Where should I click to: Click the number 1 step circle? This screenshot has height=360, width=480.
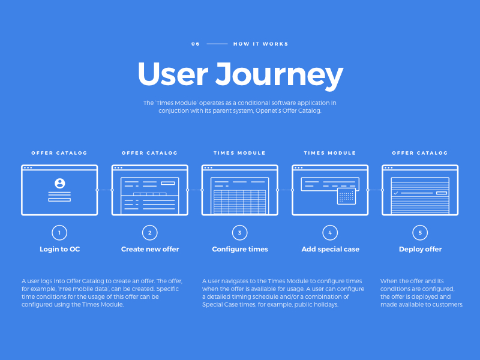59,232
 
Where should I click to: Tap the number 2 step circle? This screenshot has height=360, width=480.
149,232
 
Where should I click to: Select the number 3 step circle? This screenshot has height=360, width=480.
239,232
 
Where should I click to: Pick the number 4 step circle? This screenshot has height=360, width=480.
329,232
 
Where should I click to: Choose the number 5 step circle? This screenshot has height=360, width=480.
420,232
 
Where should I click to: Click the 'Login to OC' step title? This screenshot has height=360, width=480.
59,249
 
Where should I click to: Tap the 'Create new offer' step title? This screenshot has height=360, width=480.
150,249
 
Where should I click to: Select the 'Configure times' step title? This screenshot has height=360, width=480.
240,249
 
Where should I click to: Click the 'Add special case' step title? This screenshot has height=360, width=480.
330,249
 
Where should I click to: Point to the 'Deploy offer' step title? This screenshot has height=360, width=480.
420,249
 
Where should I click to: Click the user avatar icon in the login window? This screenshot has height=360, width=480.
59,183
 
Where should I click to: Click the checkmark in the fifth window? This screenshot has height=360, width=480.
396,193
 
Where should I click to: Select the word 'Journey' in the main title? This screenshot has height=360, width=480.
279,75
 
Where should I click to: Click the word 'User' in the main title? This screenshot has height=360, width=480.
173,74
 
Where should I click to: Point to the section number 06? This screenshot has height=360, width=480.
196,44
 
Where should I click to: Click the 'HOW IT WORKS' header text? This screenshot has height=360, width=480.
260,44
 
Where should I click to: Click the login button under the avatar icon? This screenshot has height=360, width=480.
59,199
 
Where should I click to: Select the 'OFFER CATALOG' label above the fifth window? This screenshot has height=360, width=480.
420,153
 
